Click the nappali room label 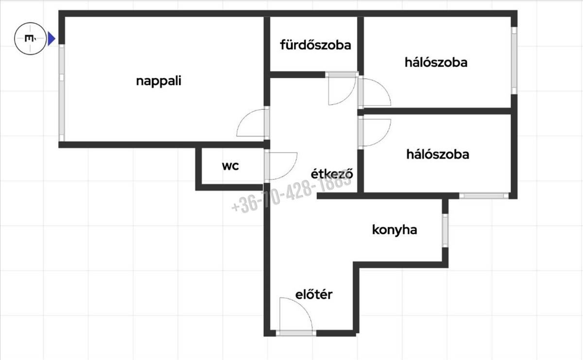(158, 81)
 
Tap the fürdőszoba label (315, 45)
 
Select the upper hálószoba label (436, 63)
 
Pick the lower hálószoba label (438, 154)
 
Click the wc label (230, 166)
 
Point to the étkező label (332, 173)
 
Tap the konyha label (394, 230)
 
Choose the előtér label (314, 294)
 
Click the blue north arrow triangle (51, 39)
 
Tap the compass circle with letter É (30, 39)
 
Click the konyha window (446, 231)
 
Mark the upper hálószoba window (514, 60)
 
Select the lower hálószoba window (484, 196)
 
